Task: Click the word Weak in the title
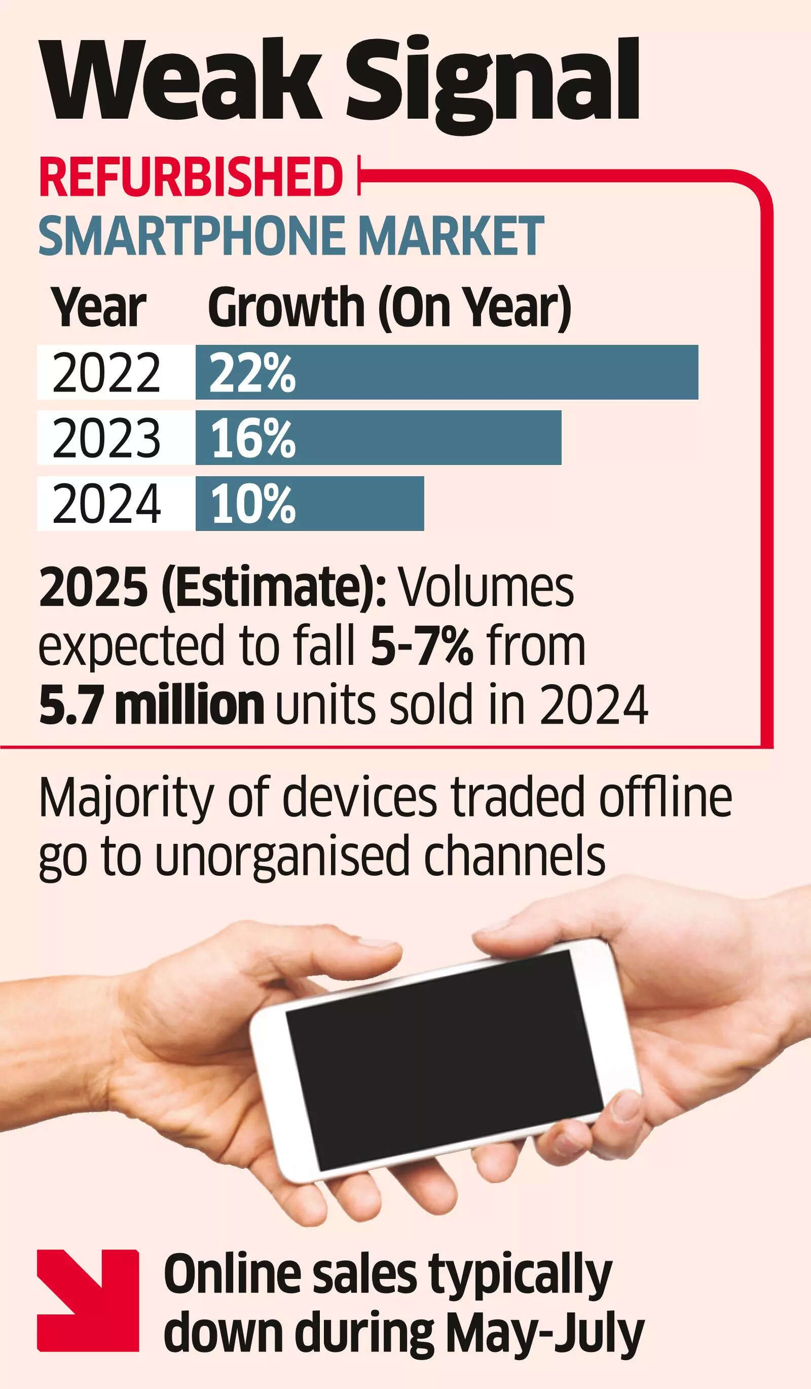click(x=182, y=80)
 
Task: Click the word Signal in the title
click(x=493, y=83)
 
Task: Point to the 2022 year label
click(x=106, y=373)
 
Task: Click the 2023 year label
click(x=106, y=438)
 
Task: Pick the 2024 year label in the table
click(x=106, y=503)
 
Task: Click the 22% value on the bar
click(x=252, y=373)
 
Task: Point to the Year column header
click(x=99, y=307)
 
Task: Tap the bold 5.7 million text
click(x=152, y=705)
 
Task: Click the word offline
click(x=666, y=798)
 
